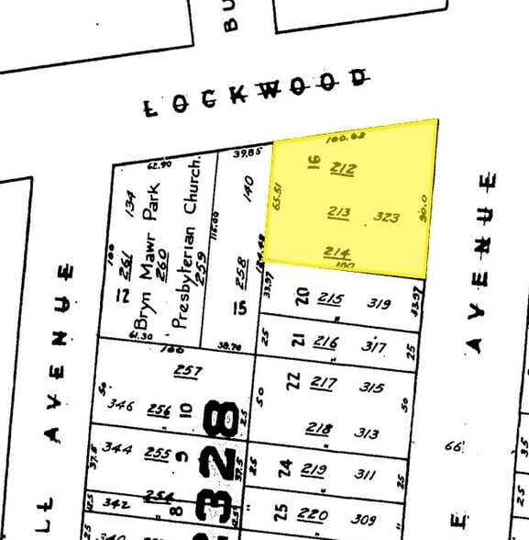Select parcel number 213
pos(339,213)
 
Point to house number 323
pos(387,218)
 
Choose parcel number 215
pos(330,298)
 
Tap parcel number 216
pos(325,343)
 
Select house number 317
pos(374,347)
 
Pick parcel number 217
pos(323,383)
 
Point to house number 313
pos(368,433)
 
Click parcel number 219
pos(314,471)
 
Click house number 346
pos(120,403)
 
